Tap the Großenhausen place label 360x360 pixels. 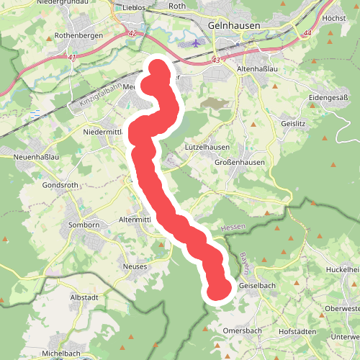pos(239,163)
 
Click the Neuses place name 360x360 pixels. pos(135,266)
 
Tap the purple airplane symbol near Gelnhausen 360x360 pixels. pos(197,43)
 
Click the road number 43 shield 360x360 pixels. pos(216,60)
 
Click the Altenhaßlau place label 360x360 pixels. pos(257,69)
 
